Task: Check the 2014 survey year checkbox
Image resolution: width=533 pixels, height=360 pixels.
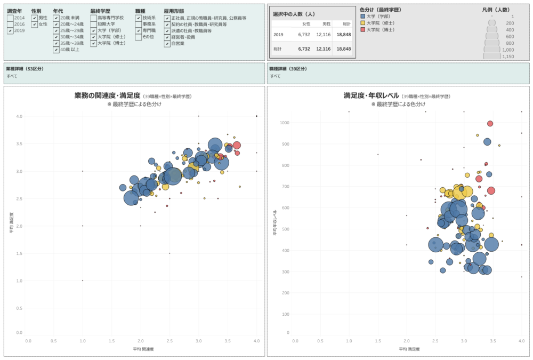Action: tap(11, 18)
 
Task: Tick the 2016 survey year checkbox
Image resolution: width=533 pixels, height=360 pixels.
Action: tap(11, 25)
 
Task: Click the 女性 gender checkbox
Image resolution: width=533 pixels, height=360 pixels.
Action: tap(35, 25)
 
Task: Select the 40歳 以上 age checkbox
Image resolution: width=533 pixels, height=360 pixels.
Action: tap(56, 50)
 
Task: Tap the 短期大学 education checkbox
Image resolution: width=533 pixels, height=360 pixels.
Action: tap(94, 25)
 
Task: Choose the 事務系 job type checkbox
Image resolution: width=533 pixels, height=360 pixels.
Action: tap(139, 25)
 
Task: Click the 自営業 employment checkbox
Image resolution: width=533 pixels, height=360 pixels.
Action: tap(167, 44)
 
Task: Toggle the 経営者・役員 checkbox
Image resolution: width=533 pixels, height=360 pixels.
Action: tap(167, 37)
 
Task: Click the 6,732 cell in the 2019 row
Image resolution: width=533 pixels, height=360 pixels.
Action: tap(304, 35)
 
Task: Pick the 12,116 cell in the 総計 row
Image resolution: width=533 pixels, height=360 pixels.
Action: tap(323, 49)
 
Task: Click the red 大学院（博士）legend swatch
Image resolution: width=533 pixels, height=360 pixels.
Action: tap(363, 30)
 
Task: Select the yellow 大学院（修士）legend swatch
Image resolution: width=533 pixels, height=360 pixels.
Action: tap(363, 23)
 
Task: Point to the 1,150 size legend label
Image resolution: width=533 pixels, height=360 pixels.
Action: tap(508, 56)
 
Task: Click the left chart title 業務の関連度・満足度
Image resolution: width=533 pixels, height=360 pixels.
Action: tap(107, 95)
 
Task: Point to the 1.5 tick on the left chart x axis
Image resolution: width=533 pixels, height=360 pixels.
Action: tap(111, 341)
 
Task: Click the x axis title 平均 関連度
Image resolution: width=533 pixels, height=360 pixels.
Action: tap(143, 349)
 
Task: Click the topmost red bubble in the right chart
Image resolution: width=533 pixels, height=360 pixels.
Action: tap(490, 124)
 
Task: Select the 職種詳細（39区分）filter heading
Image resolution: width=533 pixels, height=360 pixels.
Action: tap(288, 69)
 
